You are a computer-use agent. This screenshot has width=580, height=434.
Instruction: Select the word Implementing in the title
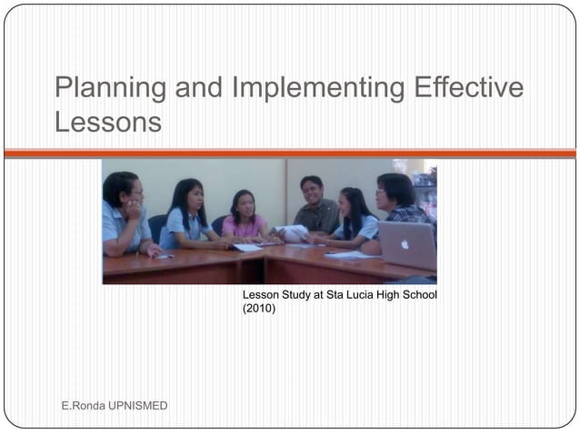pyautogui.click(x=318, y=89)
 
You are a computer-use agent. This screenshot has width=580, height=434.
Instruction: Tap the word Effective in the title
pyautogui.click(x=466, y=89)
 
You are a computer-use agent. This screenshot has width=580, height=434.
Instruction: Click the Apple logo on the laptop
pyautogui.click(x=405, y=242)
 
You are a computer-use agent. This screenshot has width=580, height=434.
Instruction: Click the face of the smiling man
pyautogui.click(x=312, y=192)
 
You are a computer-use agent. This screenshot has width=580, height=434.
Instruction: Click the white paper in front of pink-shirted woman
pyautogui.click(x=246, y=247)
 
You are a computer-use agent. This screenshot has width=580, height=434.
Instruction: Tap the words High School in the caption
pyautogui.click(x=407, y=295)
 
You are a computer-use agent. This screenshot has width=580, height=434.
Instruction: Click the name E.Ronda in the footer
pyautogui.click(x=83, y=405)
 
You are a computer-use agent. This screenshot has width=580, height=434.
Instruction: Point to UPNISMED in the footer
pyautogui.click(x=137, y=405)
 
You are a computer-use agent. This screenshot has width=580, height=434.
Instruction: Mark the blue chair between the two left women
pyautogui.click(x=157, y=226)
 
